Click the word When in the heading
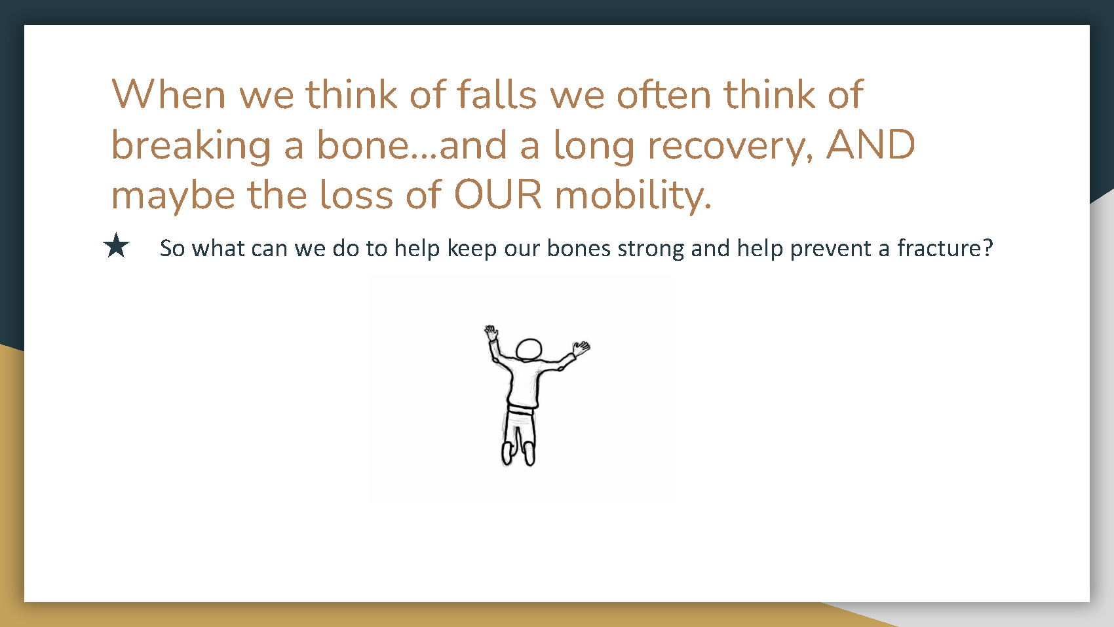pyautogui.click(x=168, y=94)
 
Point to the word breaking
pyautogui.click(x=191, y=145)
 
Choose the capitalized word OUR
pyautogui.click(x=498, y=194)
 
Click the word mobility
pyautogui.click(x=633, y=195)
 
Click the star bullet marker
pyautogui.click(x=117, y=246)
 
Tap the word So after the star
pyautogui.click(x=172, y=248)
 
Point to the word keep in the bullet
pyautogui.click(x=472, y=248)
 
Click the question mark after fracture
pyautogui.click(x=988, y=248)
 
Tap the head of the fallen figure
pyautogui.click(x=529, y=350)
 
